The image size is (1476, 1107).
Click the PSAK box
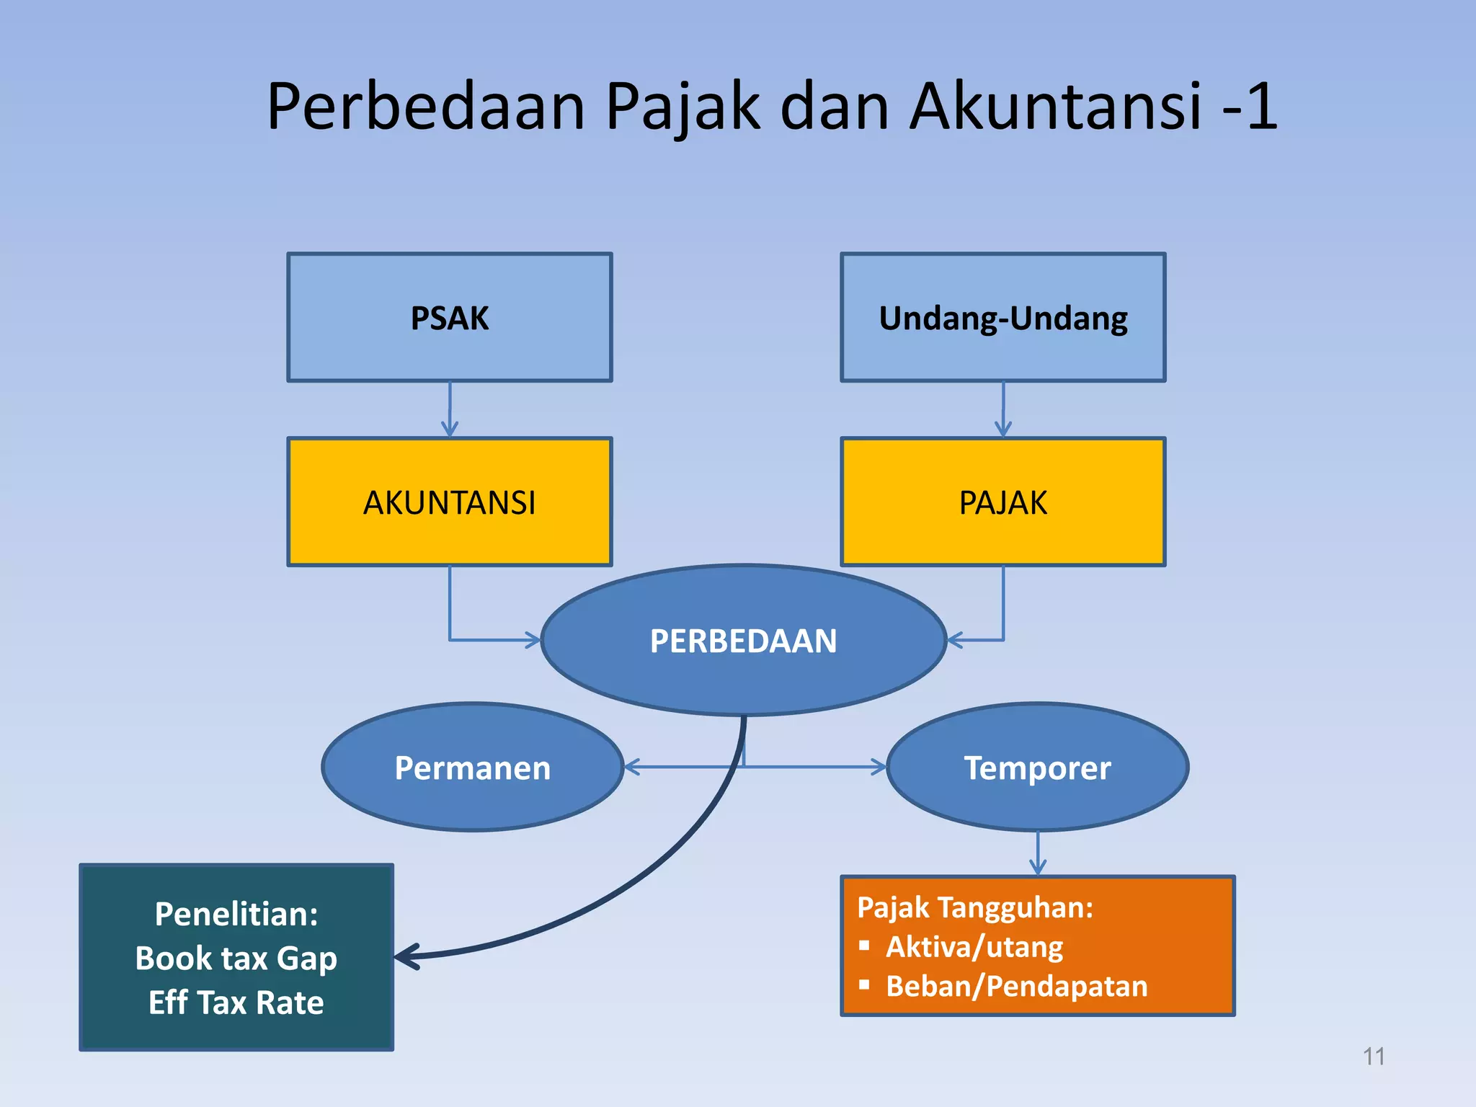click(450, 317)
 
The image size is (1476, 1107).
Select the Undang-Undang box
click(1002, 317)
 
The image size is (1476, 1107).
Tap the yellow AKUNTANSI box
click(450, 502)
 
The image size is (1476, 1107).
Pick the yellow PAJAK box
click(1002, 502)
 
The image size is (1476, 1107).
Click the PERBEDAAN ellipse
click(743, 640)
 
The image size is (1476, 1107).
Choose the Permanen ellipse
click(472, 767)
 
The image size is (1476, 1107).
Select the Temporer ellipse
click(1037, 767)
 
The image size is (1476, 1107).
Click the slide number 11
click(1374, 1057)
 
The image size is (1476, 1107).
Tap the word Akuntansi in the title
click(1056, 107)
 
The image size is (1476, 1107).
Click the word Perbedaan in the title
click(425, 107)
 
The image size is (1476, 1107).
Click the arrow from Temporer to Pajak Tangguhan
click(1037, 855)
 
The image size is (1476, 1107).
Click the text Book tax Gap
click(236, 959)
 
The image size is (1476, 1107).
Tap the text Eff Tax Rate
click(236, 1002)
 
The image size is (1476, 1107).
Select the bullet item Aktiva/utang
click(974, 946)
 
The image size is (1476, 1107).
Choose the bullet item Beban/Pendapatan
click(1016, 986)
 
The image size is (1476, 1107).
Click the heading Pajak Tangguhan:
click(974, 907)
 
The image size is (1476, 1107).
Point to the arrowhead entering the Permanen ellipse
click(631, 767)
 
